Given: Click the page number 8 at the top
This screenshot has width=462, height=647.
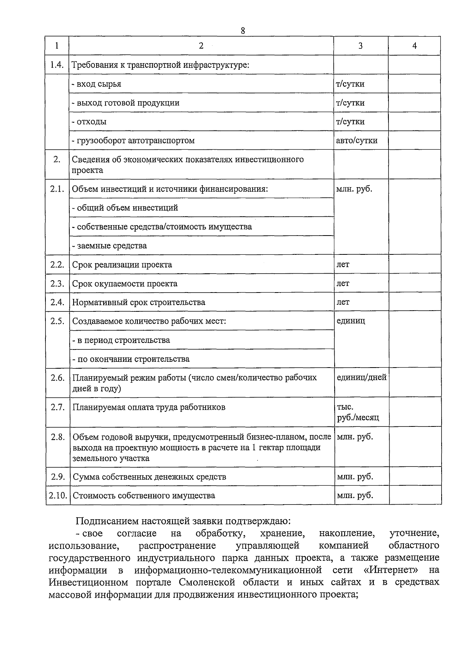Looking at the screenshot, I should click(243, 31).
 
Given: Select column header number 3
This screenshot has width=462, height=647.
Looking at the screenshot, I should click(360, 46).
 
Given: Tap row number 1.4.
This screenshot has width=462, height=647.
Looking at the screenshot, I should click(57, 65).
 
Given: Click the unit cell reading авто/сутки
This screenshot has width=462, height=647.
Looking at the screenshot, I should click(357, 140).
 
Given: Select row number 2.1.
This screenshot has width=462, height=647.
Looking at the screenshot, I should click(57, 189).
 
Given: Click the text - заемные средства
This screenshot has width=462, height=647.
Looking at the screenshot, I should click(109, 246).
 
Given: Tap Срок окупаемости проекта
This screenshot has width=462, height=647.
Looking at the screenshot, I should click(125, 284).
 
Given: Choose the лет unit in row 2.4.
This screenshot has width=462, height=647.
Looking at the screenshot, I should click(343, 302).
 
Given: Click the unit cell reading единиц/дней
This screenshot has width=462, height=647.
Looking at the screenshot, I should click(361, 378).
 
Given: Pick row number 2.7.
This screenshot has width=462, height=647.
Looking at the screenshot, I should click(57, 407).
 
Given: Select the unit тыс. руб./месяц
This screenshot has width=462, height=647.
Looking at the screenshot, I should click(358, 412).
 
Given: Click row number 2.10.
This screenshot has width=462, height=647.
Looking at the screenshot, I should click(58, 495).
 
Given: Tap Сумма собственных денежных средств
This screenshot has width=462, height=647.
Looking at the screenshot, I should click(149, 477).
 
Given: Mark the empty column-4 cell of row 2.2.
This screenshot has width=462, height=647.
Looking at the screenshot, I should click(415, 264).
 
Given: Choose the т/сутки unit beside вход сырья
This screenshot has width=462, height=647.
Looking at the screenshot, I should click(350, 84).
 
